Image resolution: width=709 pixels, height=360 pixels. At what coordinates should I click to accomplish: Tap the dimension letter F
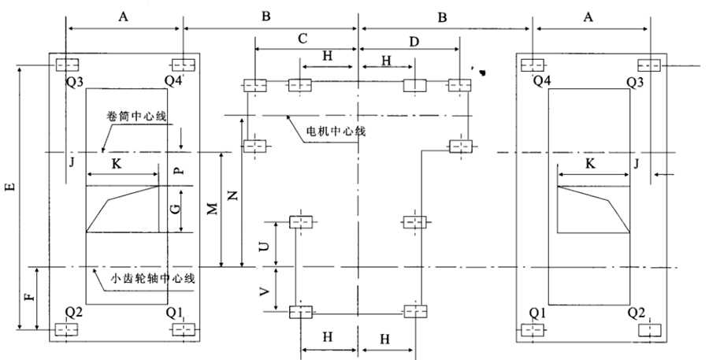28,299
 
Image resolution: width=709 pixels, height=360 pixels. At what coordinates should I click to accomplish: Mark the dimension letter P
177,169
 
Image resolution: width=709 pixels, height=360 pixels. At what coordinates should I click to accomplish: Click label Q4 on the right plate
542,81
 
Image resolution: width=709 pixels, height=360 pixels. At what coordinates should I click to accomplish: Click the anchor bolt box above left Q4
183,64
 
